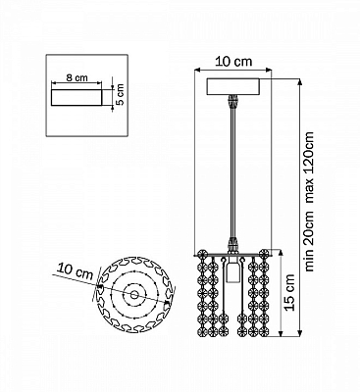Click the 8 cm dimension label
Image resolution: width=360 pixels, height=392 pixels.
(77, 78)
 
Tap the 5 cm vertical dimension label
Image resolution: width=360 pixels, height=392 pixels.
(120, 94)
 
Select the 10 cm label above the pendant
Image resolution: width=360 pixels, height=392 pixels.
(233, 62)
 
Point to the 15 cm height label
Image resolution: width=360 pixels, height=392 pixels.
(289, 293)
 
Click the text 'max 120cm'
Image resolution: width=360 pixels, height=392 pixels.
(309, 168)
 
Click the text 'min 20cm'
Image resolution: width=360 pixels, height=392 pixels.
(309, 240)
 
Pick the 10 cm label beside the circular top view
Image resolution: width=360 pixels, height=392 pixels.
(76, 270)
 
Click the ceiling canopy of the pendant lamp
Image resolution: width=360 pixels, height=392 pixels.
(233, 86)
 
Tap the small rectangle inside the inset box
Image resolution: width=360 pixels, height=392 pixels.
(77, 97)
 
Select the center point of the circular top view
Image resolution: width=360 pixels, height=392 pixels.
(134, 295)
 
